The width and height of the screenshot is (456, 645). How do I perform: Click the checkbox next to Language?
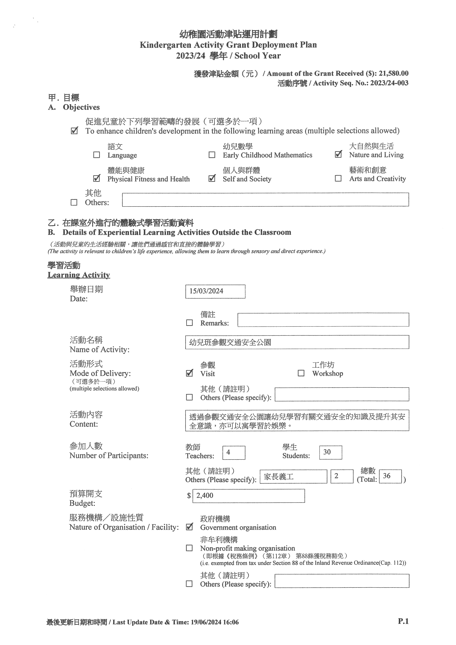97,155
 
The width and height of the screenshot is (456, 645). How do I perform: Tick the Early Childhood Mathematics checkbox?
212,155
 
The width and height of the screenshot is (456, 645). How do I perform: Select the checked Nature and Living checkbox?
338,154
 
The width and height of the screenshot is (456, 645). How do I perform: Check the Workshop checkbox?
301,373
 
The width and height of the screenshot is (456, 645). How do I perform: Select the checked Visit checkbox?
190,373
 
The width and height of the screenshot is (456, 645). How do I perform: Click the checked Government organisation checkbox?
190,527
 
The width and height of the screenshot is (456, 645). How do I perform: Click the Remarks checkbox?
190,323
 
